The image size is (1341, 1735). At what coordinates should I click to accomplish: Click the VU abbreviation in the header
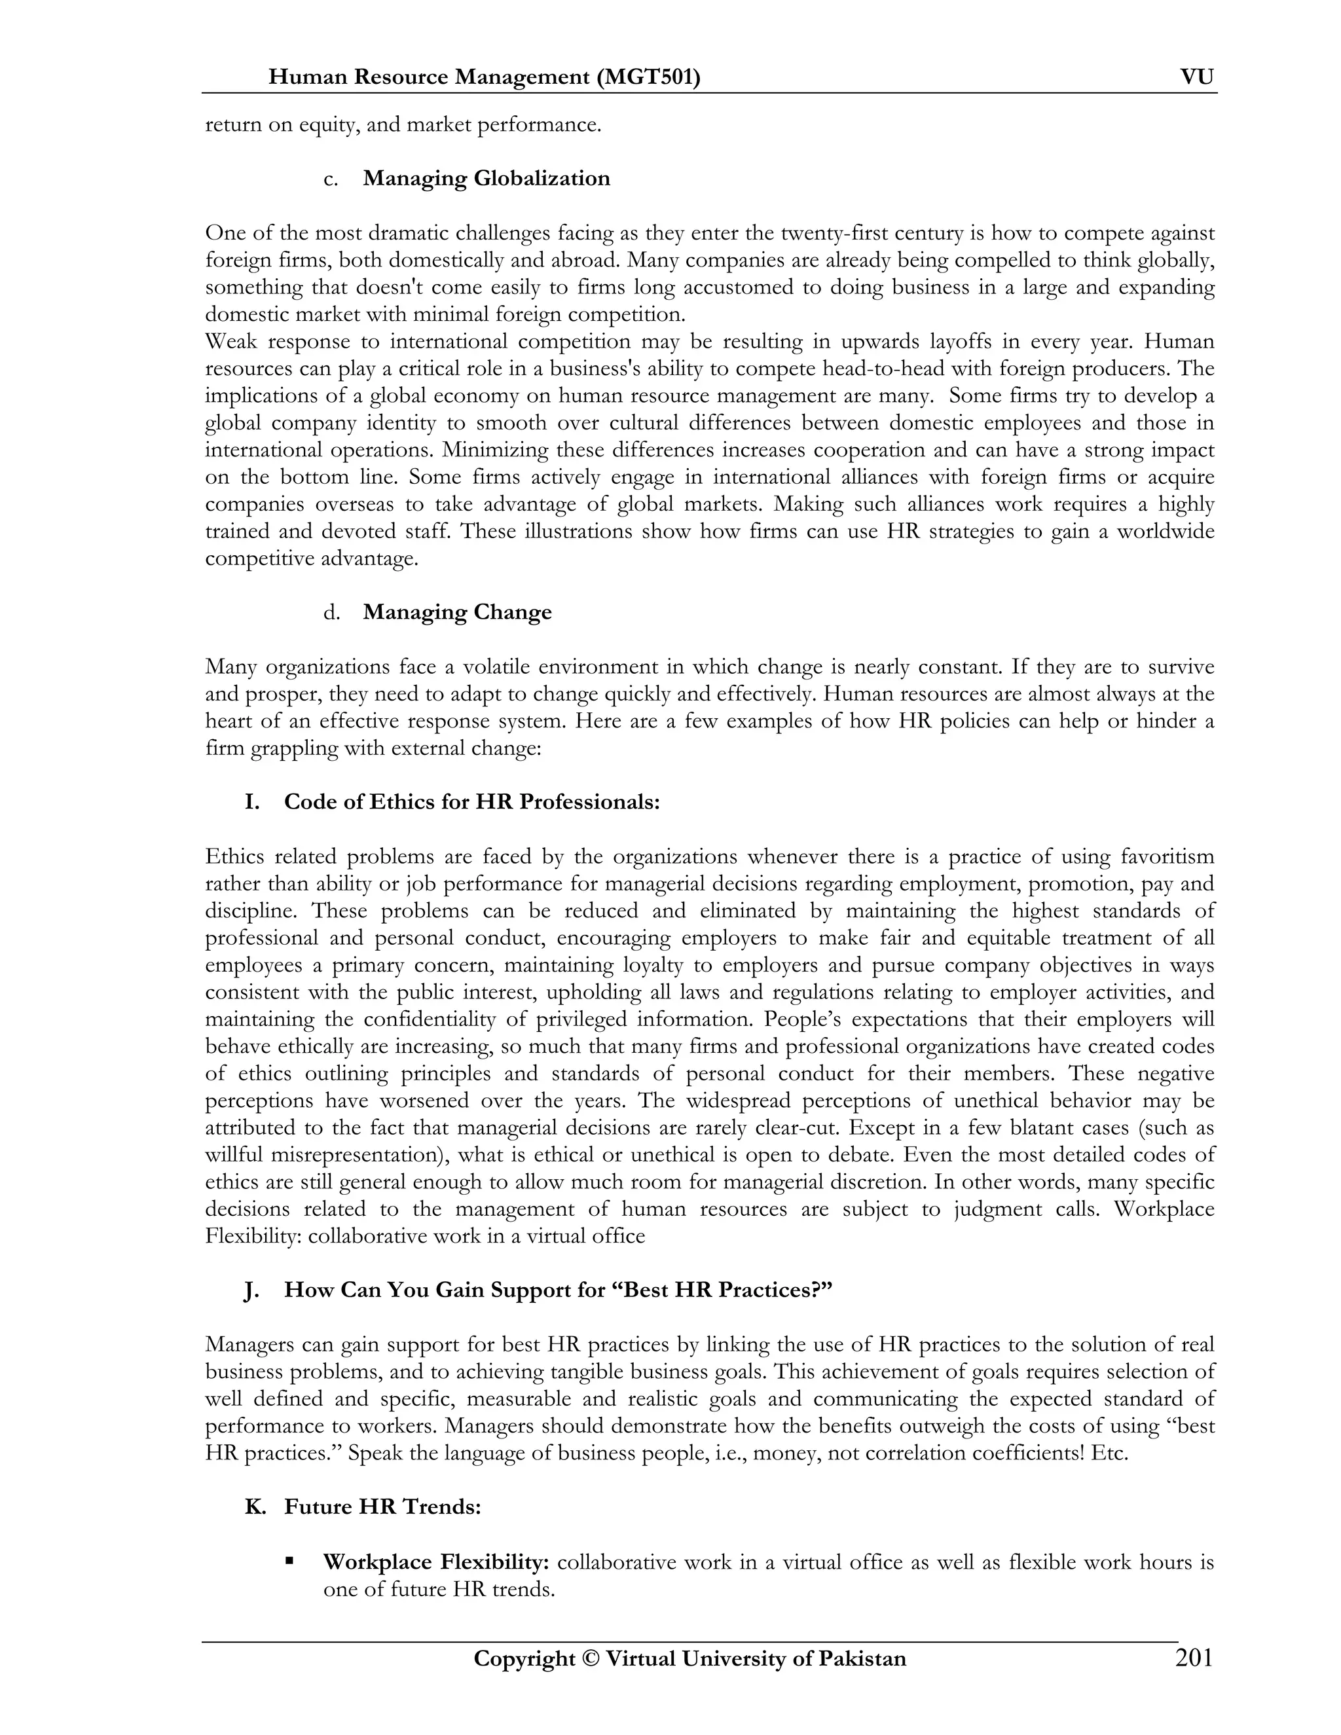pyautogui.click(x=1196, y=77)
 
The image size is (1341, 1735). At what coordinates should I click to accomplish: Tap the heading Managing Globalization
pyautogui.click(x=487, y=178)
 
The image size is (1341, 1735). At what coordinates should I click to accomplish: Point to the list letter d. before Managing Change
pyautogui.click(x=331, y=613)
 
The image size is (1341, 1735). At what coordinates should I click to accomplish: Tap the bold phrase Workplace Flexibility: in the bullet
pyautogui.click(x=436, y=1561)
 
